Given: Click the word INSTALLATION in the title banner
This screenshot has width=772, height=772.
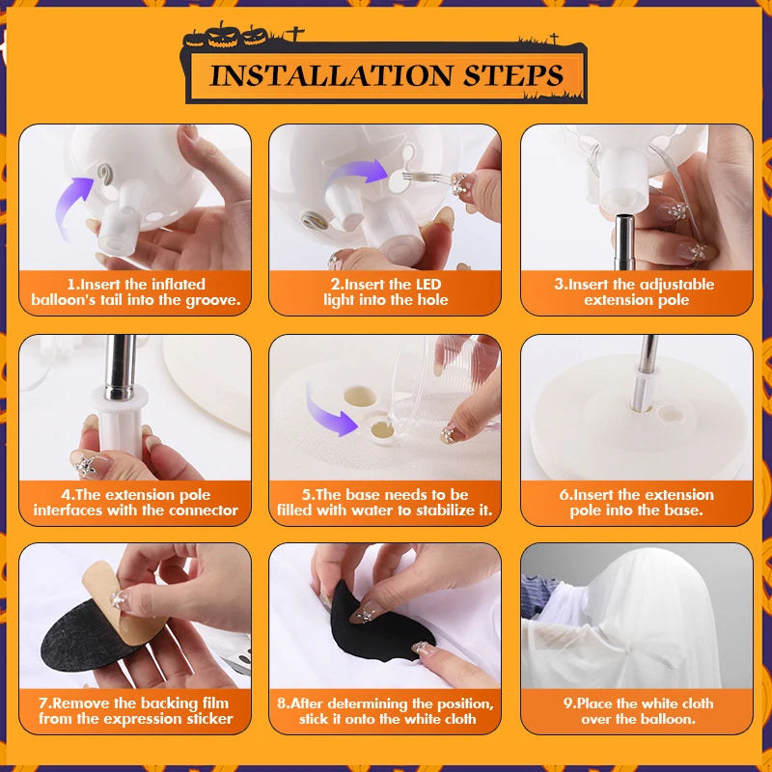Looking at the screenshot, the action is pos(330,75).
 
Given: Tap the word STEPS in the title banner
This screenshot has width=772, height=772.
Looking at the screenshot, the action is pos(512,75).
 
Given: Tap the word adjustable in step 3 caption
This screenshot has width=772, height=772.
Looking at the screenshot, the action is pos(677,285).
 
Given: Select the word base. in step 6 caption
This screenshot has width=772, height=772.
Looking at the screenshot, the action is pos(683,510).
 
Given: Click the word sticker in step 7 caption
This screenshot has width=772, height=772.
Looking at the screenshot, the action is pos(208,719).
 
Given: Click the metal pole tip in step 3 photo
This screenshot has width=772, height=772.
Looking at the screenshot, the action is pos(623,219).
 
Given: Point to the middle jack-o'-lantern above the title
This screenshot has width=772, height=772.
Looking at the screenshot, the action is pos(223,36).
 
